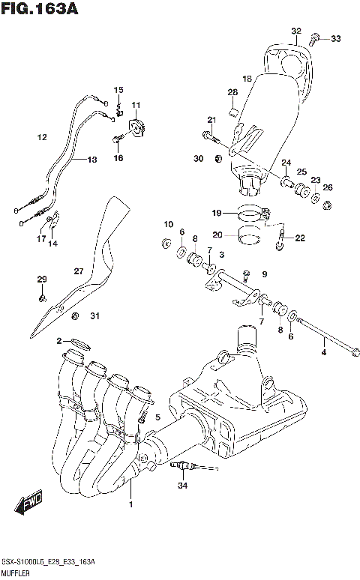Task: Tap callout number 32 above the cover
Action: click(296, 31)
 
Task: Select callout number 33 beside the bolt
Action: click(334, 39)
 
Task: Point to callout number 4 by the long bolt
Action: click(324, 351)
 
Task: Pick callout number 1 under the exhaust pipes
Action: click(131, 504)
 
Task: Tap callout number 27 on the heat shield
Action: click(78, 271)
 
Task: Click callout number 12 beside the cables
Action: click(42, 137)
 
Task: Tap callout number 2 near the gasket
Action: click(58, 342)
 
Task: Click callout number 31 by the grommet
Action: click(94, 315)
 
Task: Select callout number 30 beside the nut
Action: click(198, 158)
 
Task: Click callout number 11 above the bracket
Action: click(136, 104)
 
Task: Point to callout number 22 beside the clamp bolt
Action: click(300, 238)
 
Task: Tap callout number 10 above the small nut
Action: click(168, 223)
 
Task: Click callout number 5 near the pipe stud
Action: click(157, 417)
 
